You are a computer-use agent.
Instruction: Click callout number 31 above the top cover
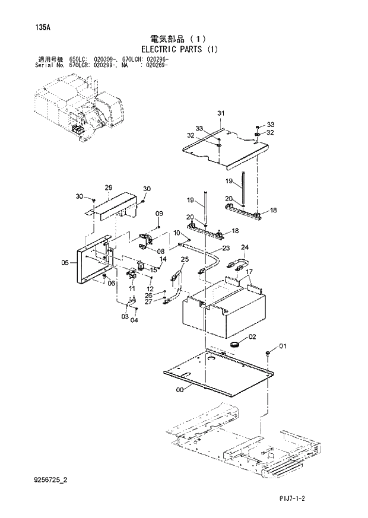pos(220,113)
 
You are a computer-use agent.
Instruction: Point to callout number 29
pos(108,188)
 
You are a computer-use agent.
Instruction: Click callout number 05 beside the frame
pos(65,262)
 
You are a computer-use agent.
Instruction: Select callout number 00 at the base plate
pos(180,390)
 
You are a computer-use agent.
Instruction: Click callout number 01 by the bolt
pos(283,345)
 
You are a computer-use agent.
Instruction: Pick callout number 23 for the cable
pos(226,248)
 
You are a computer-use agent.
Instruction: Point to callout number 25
pos(184,259)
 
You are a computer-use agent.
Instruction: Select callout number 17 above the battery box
pos(249,272)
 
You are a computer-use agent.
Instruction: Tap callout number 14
pos(163,259)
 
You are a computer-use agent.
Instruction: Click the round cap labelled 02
pos(236,344)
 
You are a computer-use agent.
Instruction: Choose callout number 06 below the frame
pos(110,283)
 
